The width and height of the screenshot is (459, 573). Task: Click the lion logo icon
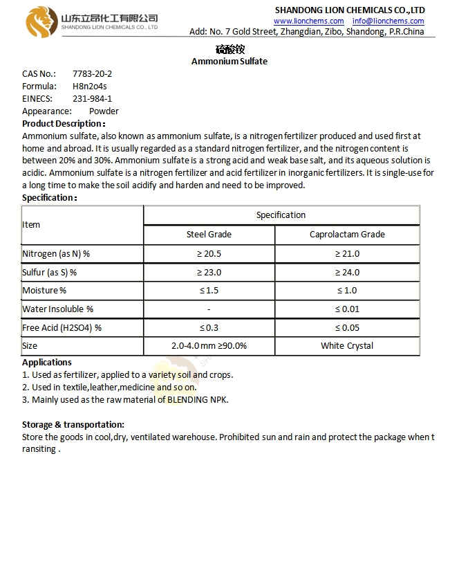pyautogui.click(x=39, y=21)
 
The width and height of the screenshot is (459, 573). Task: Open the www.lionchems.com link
pyautogui.click(x=308, y=21)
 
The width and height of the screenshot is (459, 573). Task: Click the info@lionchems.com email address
pyautogui.click(x=388, y=21)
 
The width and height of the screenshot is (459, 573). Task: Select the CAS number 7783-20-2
pyautogui.click(x=92, y=73)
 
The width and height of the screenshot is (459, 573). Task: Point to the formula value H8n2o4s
pyautogui.click(x=90, y=86)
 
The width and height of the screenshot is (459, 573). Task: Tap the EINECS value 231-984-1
pyautogui.click(x=92, y=98)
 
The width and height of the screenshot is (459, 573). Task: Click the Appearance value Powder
pyautogui.click(x=104, y=111)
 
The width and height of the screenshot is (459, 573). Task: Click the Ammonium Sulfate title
pyautogui.click(x=229, y=61)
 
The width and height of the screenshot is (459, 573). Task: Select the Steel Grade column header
pyautogui.click(x=209, y=234)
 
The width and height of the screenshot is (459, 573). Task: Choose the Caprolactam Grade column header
pyautogui.click(x=347, y=234)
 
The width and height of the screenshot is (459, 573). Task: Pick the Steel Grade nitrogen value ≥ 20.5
pyautogui.click(x=209, y=253)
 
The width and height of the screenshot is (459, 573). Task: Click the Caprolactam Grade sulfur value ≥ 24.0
pyautogui.click(x=347, y=272)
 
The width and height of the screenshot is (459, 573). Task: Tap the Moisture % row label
pyautogui.click(x=44, y=291)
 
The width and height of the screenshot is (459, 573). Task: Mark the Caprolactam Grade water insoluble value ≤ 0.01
pyautogui.click(x=347, y=309)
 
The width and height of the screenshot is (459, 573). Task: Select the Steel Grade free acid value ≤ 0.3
pyautogui.click(x=209, y=327)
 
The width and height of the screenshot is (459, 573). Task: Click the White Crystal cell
pyautogui.click(x=347, y=345)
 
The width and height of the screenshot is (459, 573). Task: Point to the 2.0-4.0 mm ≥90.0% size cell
pyautogui.click(x=209, y=345)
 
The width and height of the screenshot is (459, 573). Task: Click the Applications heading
pyautogui.click(x=47, y=362)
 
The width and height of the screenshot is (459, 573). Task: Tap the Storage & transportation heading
pyautogui.click(x=73, y=424)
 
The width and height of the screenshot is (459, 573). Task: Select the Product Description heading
pyautogui.click(x=64, y=123)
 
